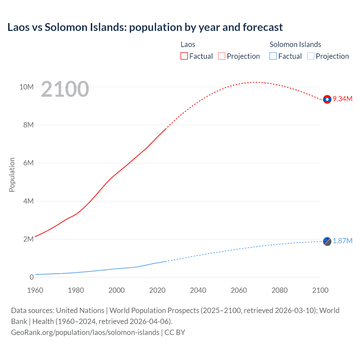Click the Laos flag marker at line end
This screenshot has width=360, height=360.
coord(327,99)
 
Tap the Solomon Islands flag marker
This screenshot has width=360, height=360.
coord(327,241)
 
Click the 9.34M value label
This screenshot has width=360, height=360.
coord(343,99)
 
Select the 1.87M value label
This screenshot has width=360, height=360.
coord(343,241)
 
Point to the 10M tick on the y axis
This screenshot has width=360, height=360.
coord(26,87)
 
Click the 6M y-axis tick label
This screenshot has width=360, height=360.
coord(28,163)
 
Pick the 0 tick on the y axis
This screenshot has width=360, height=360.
coord(31,277)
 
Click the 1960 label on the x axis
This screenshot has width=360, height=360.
coord(35,290)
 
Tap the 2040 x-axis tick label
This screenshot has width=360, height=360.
coord(198,290)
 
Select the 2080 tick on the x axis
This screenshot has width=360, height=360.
coord(280,290)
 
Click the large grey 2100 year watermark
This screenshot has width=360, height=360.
coord(65,89)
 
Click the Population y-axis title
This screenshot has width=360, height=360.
coord(12,175)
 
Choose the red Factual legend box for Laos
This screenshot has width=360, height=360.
coord(184,56)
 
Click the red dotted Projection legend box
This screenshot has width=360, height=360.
coord(222,56)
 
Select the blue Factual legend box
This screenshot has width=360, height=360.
coord(273,56)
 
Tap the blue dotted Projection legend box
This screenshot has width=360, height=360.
coord(310,56)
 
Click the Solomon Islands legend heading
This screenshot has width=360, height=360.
coord(295,44)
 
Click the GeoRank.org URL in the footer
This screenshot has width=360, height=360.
coord(85,332)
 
